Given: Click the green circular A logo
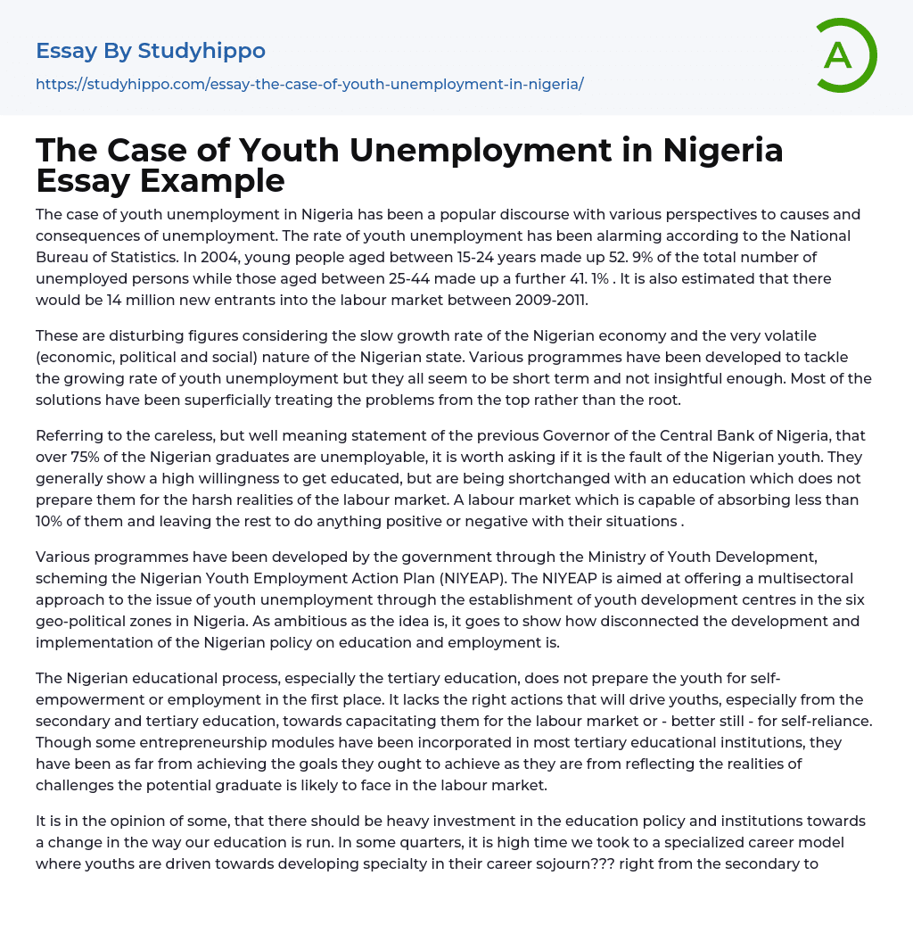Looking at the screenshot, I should pos(845,55).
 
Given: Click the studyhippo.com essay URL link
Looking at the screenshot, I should pos(309,84).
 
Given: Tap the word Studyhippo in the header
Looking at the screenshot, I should pos(202,51).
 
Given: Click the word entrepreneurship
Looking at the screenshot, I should pos(175,742).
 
